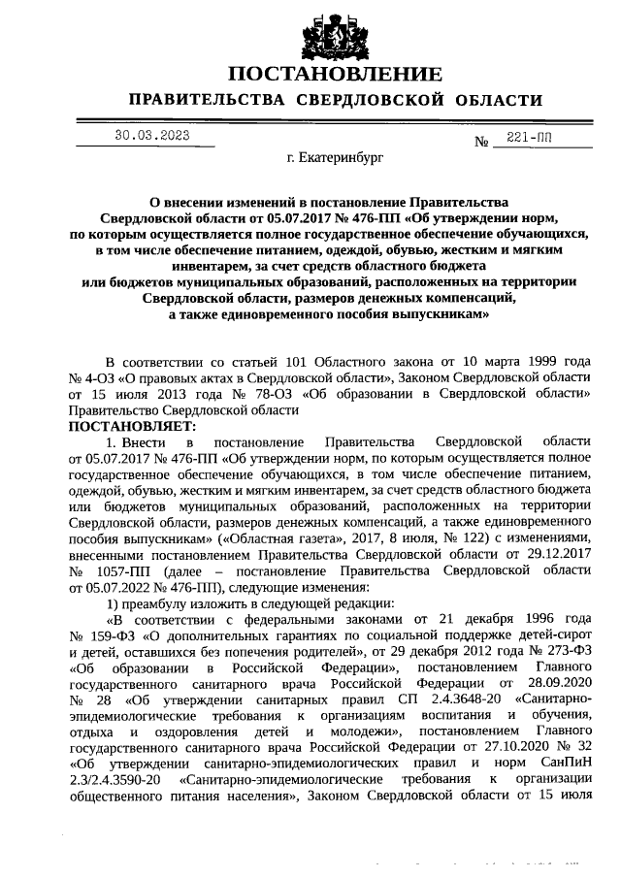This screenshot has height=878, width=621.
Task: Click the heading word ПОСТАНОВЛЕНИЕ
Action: click(x=336, y=75)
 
